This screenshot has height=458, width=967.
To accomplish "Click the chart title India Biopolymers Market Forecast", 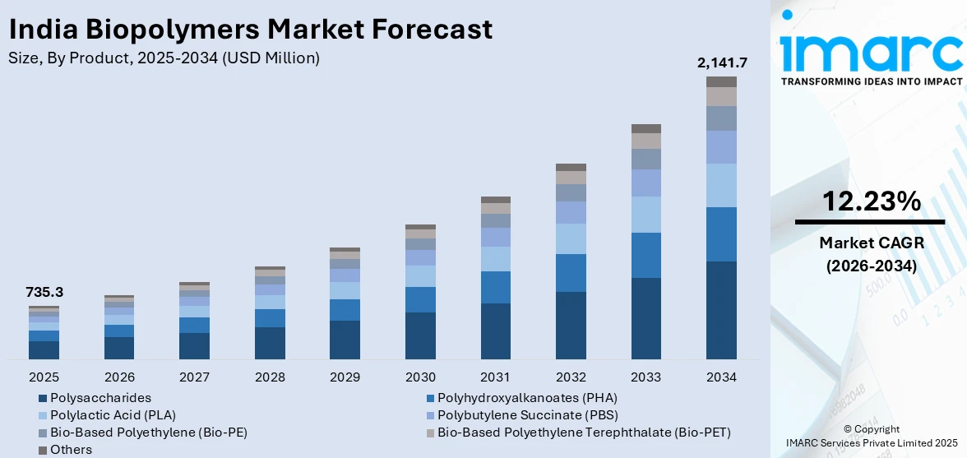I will pyautogui.click(x=251, y=29).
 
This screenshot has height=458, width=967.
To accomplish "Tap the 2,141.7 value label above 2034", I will pyautogui.click(x=721, y=62).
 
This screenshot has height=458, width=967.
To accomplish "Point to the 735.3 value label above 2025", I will pyautogui.click(x=44, y=292).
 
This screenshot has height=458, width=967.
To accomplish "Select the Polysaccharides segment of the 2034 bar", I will pyautogui.click(x=721, y=310).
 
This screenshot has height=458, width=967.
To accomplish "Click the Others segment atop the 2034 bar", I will pyautogui.click(x=721, y=81).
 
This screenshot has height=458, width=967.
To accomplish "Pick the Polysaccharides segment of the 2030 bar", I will pyautogui.click(x=420, y=335).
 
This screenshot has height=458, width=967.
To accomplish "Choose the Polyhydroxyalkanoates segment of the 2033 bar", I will pyautogui.click(x=646, y=255).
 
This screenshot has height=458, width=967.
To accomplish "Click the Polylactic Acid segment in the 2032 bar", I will pyautogui.click(x=571, y=238).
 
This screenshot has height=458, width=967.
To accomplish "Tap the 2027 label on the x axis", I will pyautogui.click(x=194, y=377).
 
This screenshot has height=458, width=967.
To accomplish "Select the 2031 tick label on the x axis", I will pyautogui.click(x=496, y=377).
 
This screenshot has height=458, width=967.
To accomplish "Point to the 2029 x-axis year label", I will pyautogui.click(x=345, y=377).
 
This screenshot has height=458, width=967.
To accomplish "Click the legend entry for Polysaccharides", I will pyautogui.click(x=100, y=397).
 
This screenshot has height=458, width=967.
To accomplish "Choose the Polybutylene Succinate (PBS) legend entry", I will pyautogui.click(x=527, y=414).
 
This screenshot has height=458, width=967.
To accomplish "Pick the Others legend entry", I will pyautogui.click(x=71, y=450).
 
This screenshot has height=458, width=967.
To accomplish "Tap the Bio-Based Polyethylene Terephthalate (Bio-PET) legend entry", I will pyautogui.click(x=584, y=432).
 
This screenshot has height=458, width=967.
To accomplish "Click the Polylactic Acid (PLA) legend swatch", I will pyautogui.click(x=43, y=415).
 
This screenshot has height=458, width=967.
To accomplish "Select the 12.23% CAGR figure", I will pyautogui.click(x=870, y=201).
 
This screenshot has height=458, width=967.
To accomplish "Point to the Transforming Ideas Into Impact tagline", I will pyautogui.click(x=871, y=81).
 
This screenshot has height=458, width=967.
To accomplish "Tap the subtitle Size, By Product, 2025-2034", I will pyautogui.click(x=164, y=58).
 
